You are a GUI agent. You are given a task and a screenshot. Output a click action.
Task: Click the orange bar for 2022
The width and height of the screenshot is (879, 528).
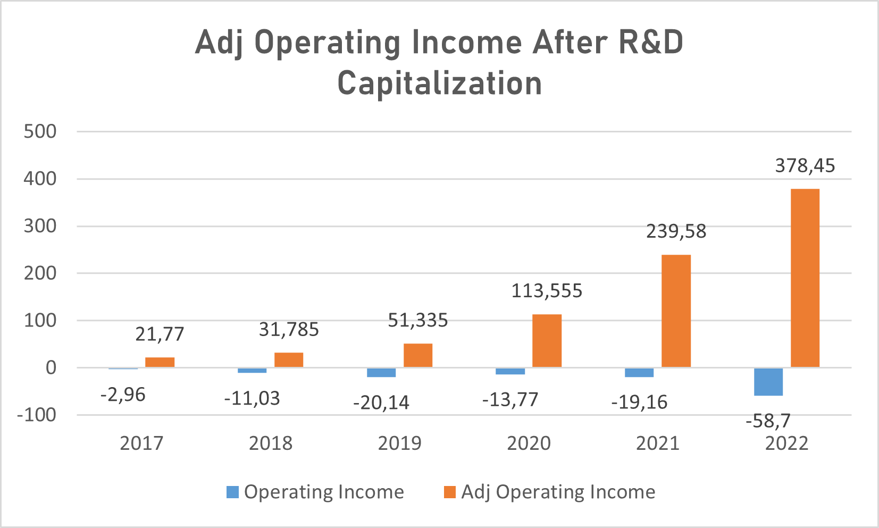point(805,278)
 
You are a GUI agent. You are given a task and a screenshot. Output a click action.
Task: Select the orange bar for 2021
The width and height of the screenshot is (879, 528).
point(676,311)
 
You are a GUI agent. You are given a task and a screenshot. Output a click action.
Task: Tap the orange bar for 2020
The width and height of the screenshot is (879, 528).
point(547,341)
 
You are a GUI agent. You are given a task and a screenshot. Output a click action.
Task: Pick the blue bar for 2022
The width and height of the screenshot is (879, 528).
point(768,381)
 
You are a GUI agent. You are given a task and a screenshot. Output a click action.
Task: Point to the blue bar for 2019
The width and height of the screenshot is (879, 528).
point(381,372)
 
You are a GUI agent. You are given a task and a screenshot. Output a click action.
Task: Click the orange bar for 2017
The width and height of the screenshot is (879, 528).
point(160,362)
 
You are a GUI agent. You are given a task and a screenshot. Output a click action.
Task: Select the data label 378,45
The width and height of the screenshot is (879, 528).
point(805,166)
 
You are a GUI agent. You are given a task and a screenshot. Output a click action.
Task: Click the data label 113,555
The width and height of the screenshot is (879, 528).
point(547,291)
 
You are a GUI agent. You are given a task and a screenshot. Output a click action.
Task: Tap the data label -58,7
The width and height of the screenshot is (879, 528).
point(768,421)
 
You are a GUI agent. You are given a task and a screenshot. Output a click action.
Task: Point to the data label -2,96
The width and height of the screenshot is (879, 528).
point(123,395)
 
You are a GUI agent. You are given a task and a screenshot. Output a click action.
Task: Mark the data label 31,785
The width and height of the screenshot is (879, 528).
point(289,330)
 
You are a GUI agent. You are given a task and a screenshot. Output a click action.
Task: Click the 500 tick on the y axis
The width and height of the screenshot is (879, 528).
point(40,131)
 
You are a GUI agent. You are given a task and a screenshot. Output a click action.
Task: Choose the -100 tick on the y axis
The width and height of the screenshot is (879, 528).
point(37,415)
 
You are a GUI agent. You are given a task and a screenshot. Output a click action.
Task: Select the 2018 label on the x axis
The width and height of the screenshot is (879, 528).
point(271,443)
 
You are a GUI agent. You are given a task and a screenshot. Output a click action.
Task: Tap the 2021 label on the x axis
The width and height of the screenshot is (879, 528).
point(658,443)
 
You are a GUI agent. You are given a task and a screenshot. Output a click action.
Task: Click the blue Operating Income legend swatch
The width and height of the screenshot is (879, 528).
point(232,492)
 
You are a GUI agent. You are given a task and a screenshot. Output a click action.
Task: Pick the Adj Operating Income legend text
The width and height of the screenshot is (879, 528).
point(558,492)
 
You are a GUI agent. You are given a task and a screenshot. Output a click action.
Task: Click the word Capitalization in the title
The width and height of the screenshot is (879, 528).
point(440,83)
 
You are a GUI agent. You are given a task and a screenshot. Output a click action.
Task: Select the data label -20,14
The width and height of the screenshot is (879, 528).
point(381,403)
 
